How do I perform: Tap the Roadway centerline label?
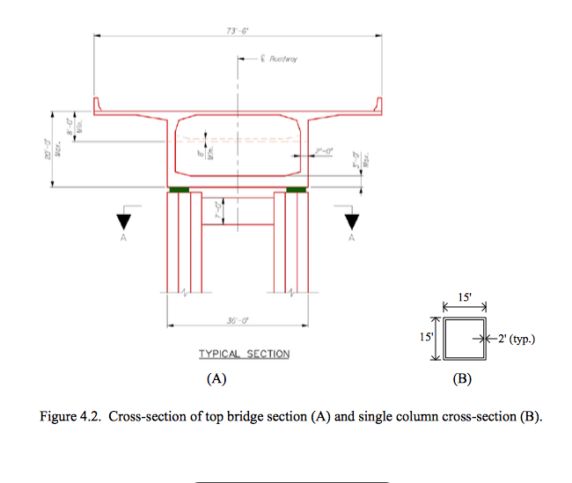tap(280, 59)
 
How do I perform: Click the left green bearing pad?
tap(180, 189)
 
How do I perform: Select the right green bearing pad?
tap(297, 189)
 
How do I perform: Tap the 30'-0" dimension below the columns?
tap(237, 321)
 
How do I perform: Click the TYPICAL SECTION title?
tap(244, 354)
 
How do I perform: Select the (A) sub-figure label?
tap(216, 380)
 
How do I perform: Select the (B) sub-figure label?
tap(461, 380)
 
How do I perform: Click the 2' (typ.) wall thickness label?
tap(513, 338)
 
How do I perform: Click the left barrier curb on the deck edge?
tap(99, 106)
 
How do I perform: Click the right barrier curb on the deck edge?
tap(381, 106)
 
